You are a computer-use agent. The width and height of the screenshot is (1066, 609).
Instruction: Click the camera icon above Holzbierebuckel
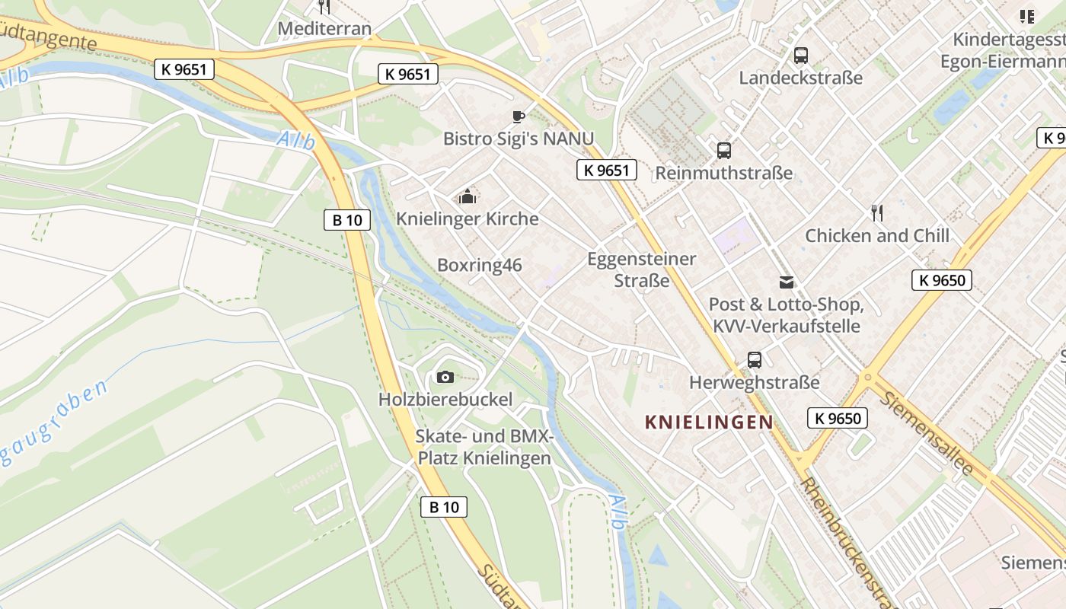pyautogui.click(x=445, y=377)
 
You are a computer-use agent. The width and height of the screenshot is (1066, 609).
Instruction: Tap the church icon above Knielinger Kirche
pyautogui.click(x=468, y=196)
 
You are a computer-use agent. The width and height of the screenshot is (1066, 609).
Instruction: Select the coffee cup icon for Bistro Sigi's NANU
pyautogui.click(x=519, y=116)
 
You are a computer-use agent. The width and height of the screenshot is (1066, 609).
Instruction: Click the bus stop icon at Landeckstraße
pyautogui.click(x=800, y=55)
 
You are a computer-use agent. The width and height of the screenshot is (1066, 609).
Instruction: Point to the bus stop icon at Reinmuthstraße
pyautogui.click(x=723, y=150)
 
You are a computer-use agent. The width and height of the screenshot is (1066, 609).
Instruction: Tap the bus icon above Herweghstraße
pyautogui.click(x=754, y=359)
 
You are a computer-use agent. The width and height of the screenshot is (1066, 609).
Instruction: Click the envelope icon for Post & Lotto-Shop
pyautogui.click(x=786, y=282)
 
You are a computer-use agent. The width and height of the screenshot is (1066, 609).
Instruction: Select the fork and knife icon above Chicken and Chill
pyautogui.click(x=877, y=212)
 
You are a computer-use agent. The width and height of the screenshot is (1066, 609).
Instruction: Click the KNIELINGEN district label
pyautogui.click(x=709, y=422)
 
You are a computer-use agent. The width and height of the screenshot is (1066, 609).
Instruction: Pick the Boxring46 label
pyautogui.click(x=480, y=265)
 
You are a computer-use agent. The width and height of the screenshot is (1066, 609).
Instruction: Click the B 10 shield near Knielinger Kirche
pyautogui.click(x=347, y=220)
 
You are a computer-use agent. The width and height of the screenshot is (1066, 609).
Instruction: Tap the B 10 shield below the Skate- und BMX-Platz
pyautogui.click(x=444, y=507)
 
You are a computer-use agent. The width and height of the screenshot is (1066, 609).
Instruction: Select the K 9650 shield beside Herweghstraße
pyautogui.click(x=838, y=418)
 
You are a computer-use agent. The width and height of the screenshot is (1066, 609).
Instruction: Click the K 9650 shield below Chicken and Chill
pyautogui.click(x=942, y=280)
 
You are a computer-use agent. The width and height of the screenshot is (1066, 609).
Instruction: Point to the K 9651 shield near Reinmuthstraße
pyautogui.click(x=606, y=171)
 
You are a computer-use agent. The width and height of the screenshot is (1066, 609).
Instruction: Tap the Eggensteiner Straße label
pyautogui.click(x=642, y=269)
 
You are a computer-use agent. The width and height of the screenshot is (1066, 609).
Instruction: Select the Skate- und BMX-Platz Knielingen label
pyautogui.click(x=484, y=448)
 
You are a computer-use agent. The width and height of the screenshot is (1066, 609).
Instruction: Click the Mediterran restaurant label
pyautogui.click(x=324, y=29)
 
